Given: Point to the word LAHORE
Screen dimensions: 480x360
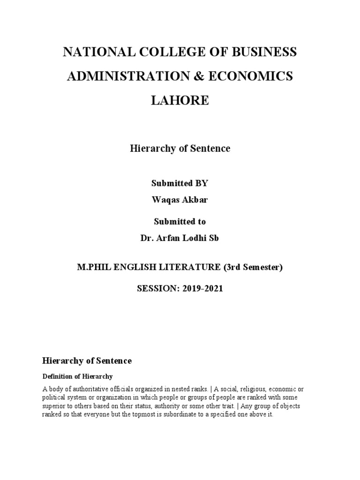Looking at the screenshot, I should click(180, 101).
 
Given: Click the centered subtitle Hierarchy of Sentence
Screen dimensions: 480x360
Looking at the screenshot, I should click(180, 149).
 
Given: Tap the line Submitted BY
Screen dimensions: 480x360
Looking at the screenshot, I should click(180, 183).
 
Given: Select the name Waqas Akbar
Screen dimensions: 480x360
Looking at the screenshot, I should click(180, 200).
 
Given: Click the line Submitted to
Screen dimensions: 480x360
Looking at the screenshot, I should click(180, 221).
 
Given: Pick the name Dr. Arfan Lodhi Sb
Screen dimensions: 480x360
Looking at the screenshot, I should click(180, 238).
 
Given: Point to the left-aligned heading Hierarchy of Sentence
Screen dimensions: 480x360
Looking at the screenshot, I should click(87, 361).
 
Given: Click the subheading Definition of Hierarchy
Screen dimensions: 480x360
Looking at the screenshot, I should click(78, 376).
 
